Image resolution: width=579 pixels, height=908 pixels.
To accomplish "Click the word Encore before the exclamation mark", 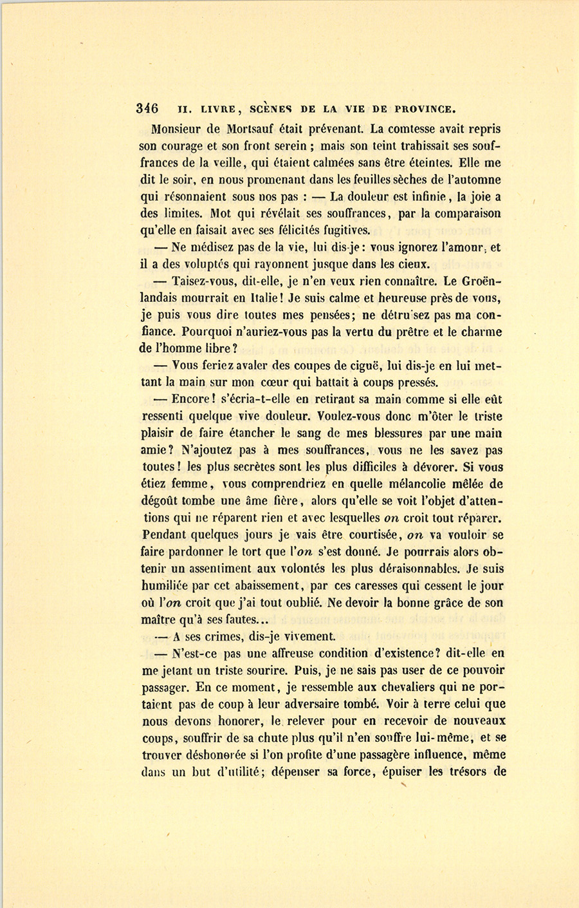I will click(x=198, y=399).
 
